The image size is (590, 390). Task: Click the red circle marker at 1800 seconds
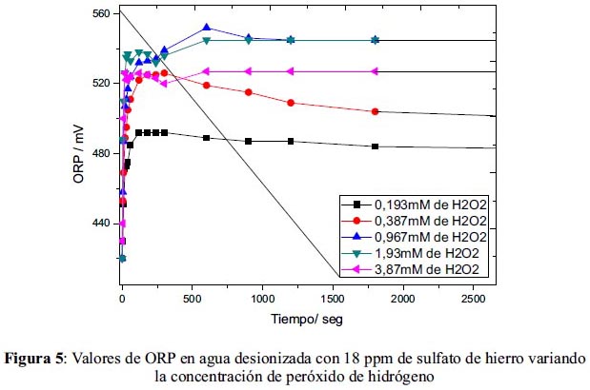click(x=376, y=111)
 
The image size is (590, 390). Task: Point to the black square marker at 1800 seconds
click(x=376, y=146)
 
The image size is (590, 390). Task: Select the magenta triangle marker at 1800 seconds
click(x=376, y=71)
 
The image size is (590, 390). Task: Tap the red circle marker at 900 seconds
click(x=249, y=92)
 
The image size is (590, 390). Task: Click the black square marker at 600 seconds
click(x=207, y=138)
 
